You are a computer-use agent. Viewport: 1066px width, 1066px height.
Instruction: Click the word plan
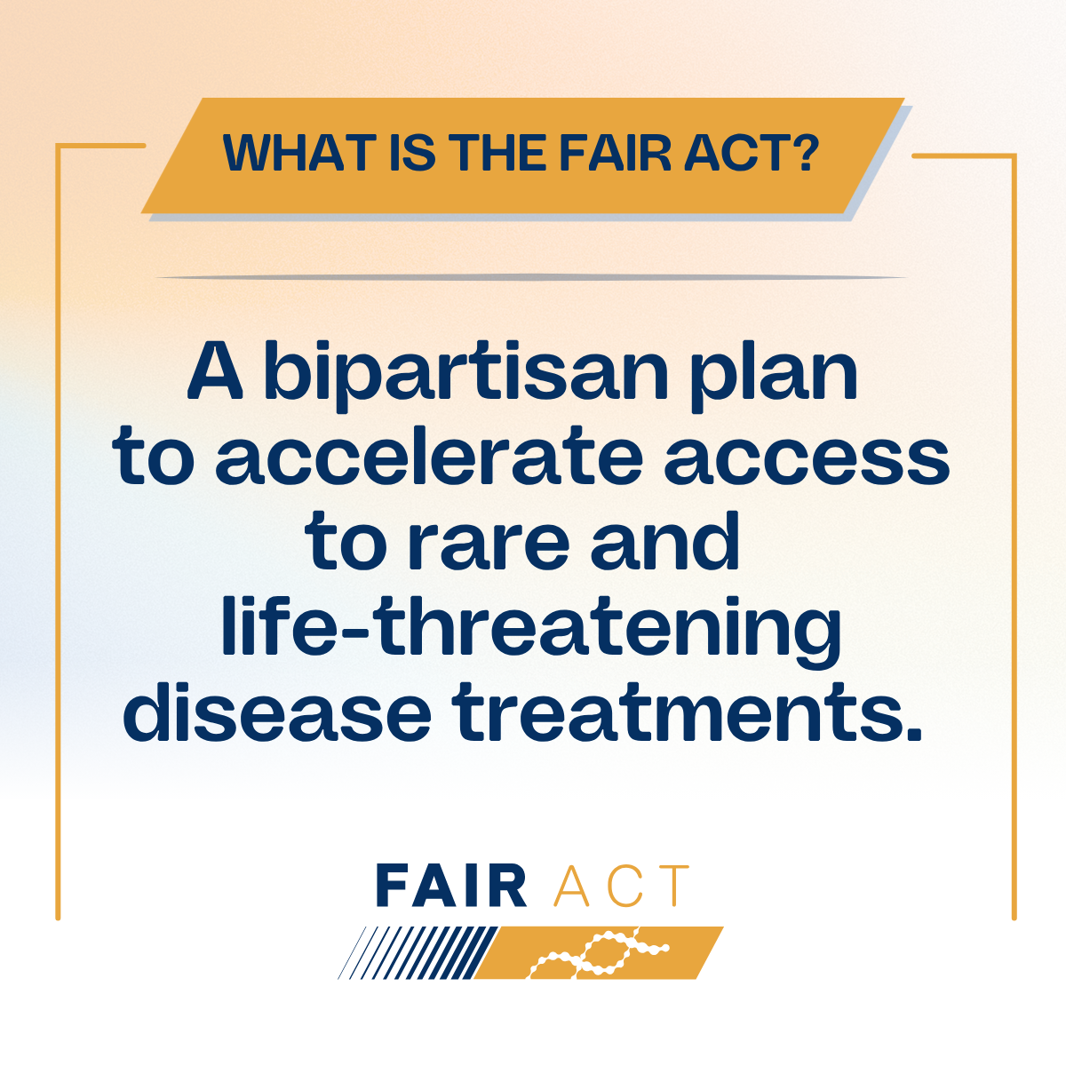pyautogui.click(x=775, y=377)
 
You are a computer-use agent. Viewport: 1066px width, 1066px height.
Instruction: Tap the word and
pyautogui.click(x=664, y=542)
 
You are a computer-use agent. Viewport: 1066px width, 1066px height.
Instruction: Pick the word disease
pyautogui.click(x=276, y=714)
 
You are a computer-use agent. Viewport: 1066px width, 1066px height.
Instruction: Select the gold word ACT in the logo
pyautogui.click(x=621, y=886)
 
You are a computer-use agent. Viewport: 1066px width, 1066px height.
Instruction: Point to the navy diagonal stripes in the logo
pyautogui.click(x=418, y=952)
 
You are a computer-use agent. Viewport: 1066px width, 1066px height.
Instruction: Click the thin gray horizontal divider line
pyautogui.click(x=531, y=277)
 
